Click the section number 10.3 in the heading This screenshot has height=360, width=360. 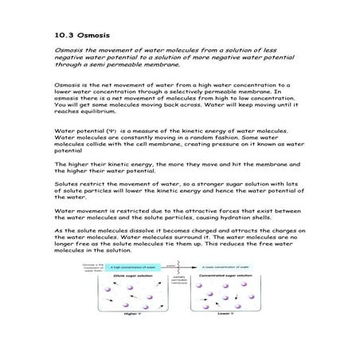pyautogui.click(x=62, y=36)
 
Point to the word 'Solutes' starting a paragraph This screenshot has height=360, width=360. pyautogui.click(x=65, y=180)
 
